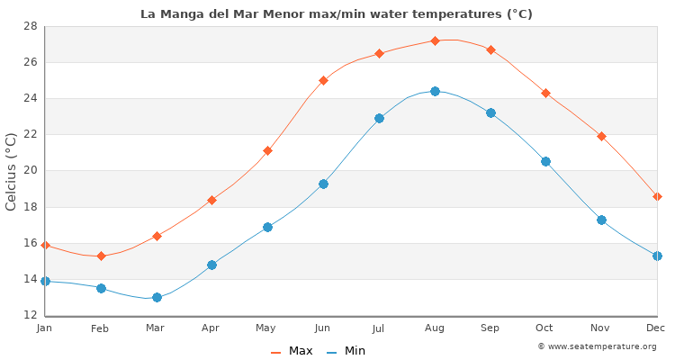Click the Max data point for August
pos(435,40)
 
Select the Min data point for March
pos(157,297)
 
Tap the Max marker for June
pos(323,80)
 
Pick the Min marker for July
pos(379,118)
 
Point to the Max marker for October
pos(545,93)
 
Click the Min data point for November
pos(601,220)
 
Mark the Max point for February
pos(101,256)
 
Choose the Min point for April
pos(211,265)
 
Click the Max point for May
pos(267,150)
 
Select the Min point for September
pos(490,112)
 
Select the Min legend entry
pos(346,351)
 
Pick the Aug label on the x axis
pos(435,328)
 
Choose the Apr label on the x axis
pos(211,328)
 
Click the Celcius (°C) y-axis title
pos(12,171)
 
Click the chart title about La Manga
pos(337,13)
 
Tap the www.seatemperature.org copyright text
pos(597,346)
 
